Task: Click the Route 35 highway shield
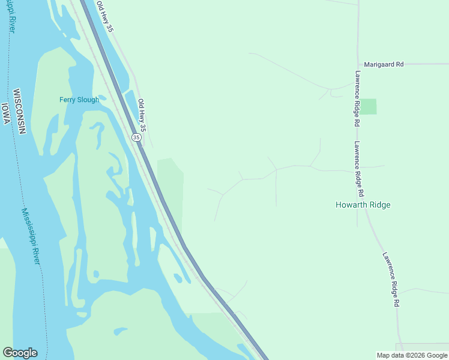tap(136, 137)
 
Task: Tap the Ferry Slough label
tap(79, 100)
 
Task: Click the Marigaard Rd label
tap(383, 64)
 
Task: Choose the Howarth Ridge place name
tap(363, 205)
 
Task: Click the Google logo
tap(20, 353)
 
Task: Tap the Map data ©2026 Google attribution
tap(412, 355)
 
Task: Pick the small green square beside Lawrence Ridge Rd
tap(368, 106)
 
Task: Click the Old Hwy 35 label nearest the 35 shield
tap(142, 115)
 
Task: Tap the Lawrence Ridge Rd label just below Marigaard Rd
tap(357, 98)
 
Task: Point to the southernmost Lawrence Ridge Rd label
tap(390, 280)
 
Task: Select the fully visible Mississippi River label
tap(31, 236)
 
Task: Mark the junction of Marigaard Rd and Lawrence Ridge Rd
tap(358, 64)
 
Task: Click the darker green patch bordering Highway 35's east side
tap(171, 186)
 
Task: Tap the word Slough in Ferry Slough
tap(88, 100)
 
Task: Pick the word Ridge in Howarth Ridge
tap(379, 205)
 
